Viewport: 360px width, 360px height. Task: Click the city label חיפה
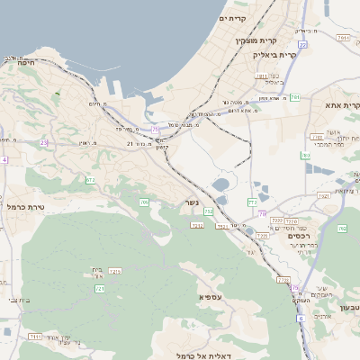(24, 62)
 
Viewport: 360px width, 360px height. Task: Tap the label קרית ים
(232, 18)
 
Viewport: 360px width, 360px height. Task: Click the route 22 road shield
(303, 43)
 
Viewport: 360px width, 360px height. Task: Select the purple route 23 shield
(43, 142)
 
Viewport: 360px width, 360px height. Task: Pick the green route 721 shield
(100, 288)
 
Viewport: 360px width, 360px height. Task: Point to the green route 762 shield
(343, 229)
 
